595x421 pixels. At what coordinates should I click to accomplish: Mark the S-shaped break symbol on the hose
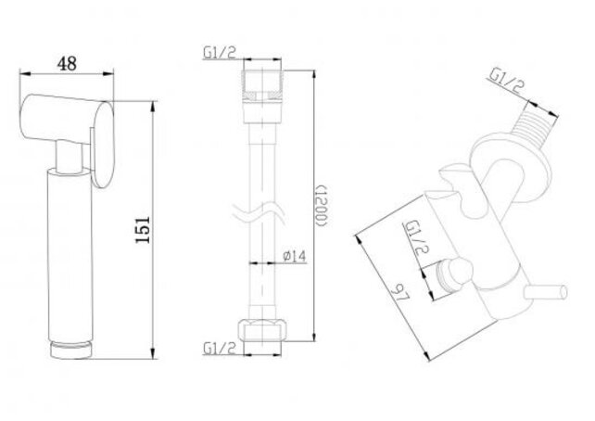click(263, 210)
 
